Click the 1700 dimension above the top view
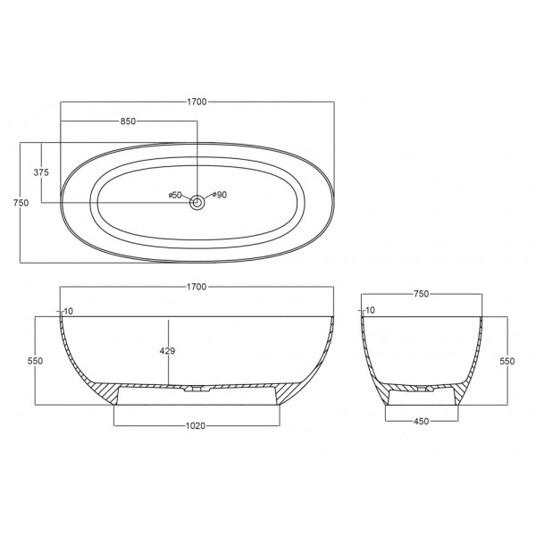(197, 102)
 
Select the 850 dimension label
(128, 121)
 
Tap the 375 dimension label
(41, 172)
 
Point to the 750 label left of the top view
(21, 203)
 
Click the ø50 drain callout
(175, 195)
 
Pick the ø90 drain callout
(220, 195)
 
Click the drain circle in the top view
(197, 203)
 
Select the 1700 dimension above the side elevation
(197, 287)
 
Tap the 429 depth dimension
(168, 351)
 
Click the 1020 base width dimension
(196, 425)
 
